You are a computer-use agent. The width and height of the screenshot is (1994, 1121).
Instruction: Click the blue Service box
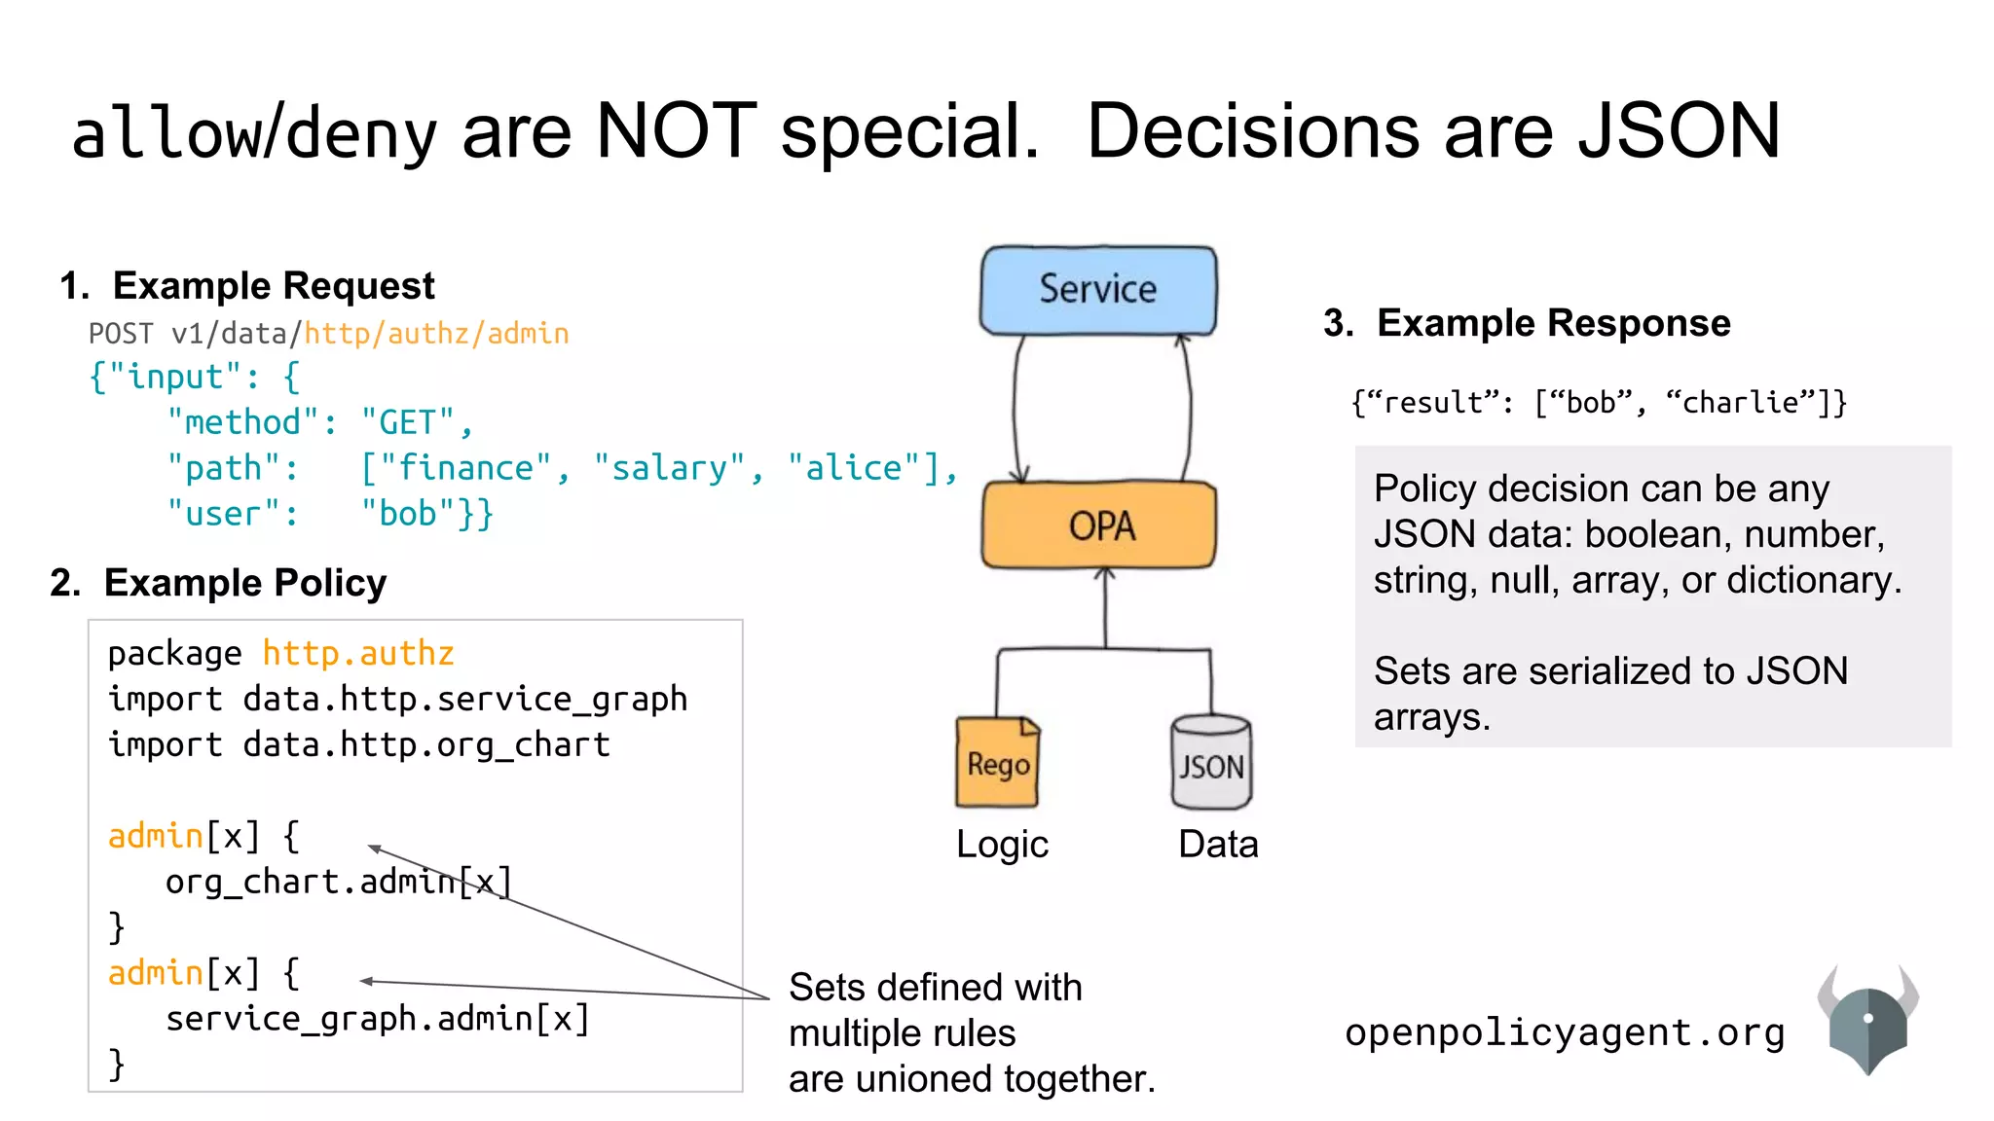1098,290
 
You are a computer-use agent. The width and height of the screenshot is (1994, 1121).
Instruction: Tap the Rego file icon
998,763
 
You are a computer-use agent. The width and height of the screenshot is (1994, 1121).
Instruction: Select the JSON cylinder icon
1211,765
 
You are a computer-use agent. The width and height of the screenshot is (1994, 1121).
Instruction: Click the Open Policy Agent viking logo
1867,1022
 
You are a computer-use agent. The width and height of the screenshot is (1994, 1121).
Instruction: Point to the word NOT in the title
676,131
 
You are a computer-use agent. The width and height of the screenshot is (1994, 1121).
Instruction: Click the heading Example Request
274,286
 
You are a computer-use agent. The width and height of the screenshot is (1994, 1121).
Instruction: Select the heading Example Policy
244,583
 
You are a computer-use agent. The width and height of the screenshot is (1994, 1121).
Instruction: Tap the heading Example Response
1553,323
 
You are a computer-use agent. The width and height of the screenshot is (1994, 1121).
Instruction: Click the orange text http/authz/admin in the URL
436,334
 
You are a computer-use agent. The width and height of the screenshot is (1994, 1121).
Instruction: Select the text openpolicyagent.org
1565,1032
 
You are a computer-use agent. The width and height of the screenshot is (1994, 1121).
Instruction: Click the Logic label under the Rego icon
1002,844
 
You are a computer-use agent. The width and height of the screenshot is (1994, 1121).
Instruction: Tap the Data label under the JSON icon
1218,844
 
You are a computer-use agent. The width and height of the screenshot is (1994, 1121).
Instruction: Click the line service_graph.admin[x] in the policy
378,1019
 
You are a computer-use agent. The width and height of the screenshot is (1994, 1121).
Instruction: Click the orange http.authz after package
358,653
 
